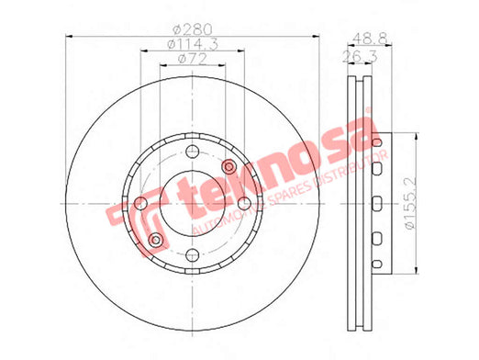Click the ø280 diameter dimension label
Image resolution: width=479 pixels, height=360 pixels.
pyautogui.click(x=193, y=29)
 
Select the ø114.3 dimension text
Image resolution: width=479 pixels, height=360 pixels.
pyautogui.click(x=193, y=44)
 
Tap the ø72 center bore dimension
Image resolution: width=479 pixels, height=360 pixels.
pyautogui.click(x=193, y=59)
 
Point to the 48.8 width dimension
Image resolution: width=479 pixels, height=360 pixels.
pyautogui.click(x=370, y=39)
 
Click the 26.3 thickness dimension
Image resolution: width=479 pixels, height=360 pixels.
pyautogui.click(x=361, y=57)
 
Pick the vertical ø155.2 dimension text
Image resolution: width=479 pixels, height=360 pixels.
pyautogui.click(x=410, y=203)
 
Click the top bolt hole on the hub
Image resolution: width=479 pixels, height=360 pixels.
pyautogui.click(x=193, y=151)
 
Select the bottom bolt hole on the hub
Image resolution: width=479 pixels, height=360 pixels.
pyautogui.click(x=193, y=254)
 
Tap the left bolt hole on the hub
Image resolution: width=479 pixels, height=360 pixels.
pyautogui.click(x=140, y=203)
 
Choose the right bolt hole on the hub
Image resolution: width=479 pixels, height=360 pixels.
pyautogui.click(x=244, y=203)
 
